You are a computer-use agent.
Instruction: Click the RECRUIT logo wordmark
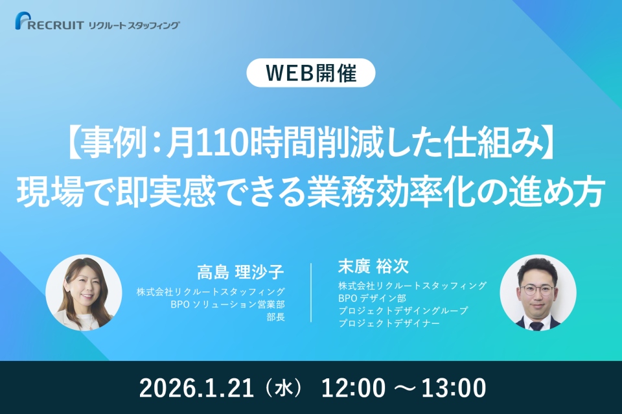tap(56, 25)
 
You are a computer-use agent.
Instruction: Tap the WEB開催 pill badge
tap(311, 73)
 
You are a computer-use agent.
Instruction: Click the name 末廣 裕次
tap(374, 267)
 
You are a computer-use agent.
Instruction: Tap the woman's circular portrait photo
tap(84, 292)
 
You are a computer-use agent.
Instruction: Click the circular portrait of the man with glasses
tap(538, 292)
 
